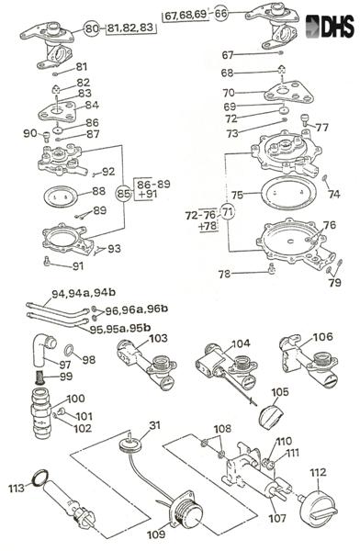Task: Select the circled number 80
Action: tap(91, 28)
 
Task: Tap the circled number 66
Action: tap(220, 14)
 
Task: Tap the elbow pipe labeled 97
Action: tap(42, 352)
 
